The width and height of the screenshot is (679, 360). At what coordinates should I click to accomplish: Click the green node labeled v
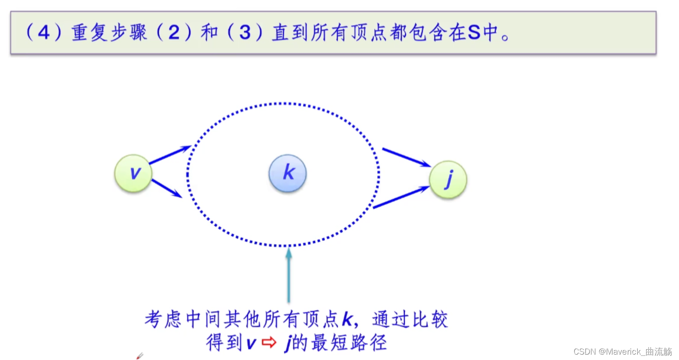pos(133,173)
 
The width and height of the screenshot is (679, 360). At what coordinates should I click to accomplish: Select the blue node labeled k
pos(288,173)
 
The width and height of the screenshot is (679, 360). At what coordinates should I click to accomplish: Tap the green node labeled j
pos(448,180)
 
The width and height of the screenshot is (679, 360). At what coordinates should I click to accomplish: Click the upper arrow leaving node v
pos(170,154)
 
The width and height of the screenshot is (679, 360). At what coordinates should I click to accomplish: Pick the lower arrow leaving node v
pos(167,188)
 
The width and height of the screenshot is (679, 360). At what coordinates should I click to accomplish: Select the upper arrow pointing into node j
pos(407,158)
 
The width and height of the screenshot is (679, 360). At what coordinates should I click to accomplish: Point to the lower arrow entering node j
pos(401,198)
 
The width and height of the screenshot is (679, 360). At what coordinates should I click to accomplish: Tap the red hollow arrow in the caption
pos(269,343)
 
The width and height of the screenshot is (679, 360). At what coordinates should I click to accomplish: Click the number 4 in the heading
pos(44,33)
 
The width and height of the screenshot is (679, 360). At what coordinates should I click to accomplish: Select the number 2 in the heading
pos(174,33)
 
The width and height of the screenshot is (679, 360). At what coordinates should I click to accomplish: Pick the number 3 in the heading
pos(245,33)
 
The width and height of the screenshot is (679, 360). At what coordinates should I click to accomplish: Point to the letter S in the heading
pos(474,33)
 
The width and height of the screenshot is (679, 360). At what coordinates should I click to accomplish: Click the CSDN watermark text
pos(622,351)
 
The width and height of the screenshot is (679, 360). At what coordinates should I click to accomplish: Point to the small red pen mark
pos(140,356)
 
